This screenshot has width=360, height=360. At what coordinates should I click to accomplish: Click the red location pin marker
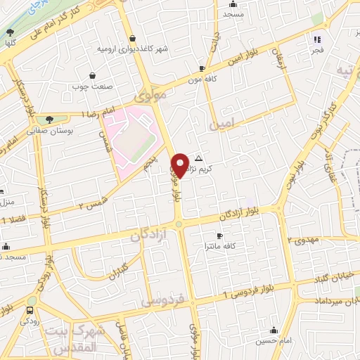(181, 165)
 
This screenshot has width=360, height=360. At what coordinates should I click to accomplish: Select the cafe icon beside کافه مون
(202, 69)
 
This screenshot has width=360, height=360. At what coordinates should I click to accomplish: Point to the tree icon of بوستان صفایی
(49, 120)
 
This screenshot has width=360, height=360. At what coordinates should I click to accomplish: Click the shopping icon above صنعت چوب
(93, 75)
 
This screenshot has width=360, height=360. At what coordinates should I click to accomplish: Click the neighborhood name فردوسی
(162, 300)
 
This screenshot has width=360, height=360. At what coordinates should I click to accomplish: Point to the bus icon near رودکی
(30, 310)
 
